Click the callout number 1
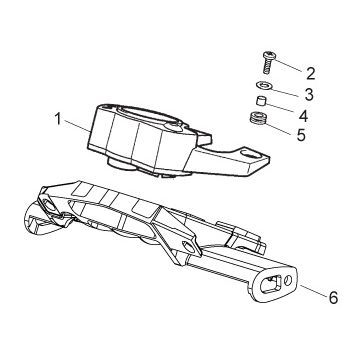pos(58,119)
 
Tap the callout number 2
pos(310,74)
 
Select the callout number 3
pos(309,95)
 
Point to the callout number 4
pos(303,116)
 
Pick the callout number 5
pos(301,135)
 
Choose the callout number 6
pos(333,297)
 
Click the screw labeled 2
pos(267,63)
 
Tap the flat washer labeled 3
pos(265,86)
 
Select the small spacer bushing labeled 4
pos(260,101)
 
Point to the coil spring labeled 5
pos(256,119)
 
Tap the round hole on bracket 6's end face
pos(288,280)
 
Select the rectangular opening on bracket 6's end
pos(270,285)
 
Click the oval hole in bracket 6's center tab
pos(189,247)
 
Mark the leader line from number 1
pos(77,127)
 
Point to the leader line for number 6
pos(313,290)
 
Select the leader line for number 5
pos(278,128)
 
